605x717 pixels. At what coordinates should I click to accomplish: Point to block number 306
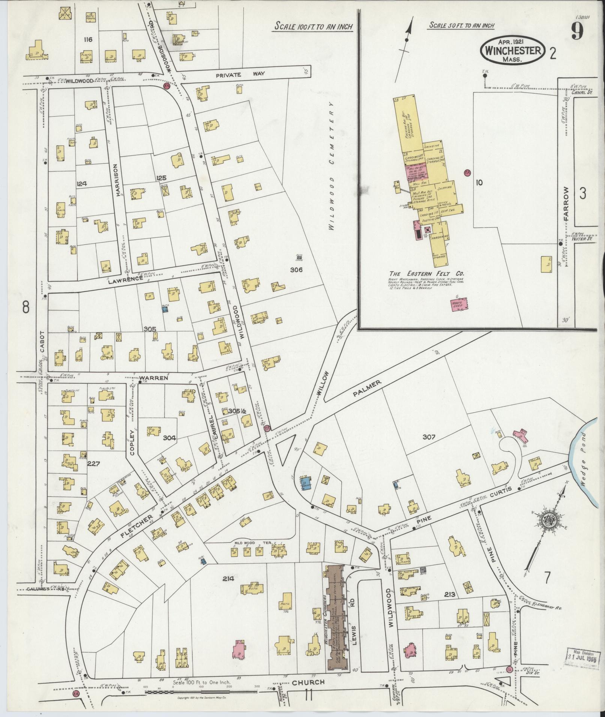coord(296,269)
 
